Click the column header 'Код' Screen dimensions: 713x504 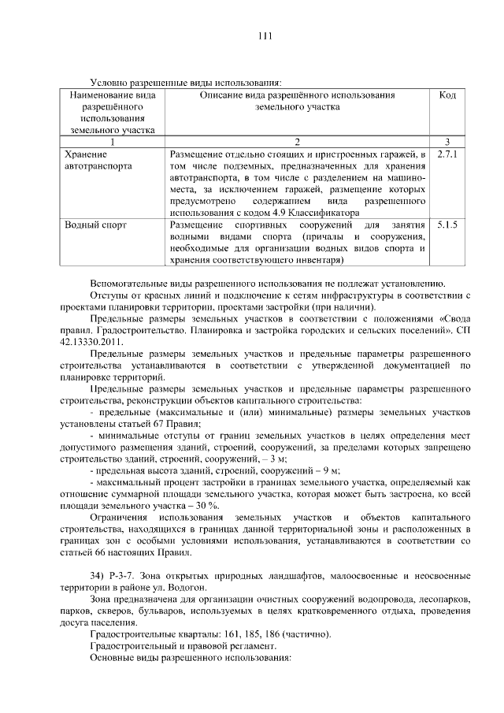click(x=447, y=95)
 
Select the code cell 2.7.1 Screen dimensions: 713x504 click(x=447, y=154)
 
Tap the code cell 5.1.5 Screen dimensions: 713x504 click(x=447, y=225)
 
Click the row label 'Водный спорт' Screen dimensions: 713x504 click(x=96, y=225)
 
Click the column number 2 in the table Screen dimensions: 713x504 click(x=297, y=142)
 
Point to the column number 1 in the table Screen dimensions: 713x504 click(x=112, y=142)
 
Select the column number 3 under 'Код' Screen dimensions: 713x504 click(x=447, y=142)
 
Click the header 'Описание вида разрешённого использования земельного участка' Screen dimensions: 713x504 click(x=297, y=100)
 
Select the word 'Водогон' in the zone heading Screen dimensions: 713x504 click(x=188, y=588)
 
